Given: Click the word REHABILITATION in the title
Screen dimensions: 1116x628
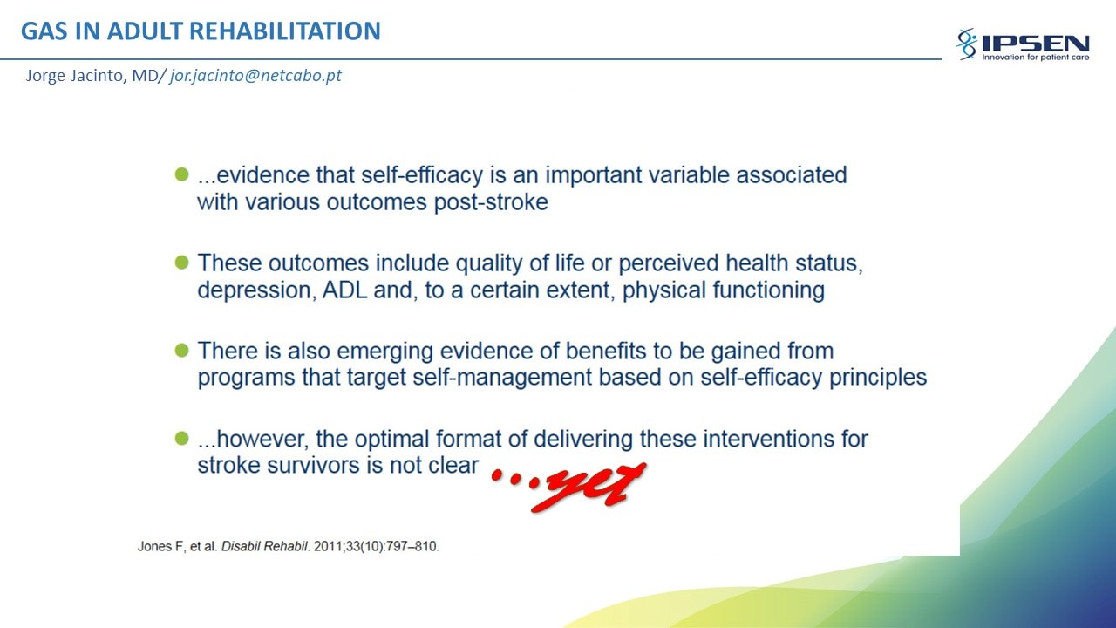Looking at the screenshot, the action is coord(285,31).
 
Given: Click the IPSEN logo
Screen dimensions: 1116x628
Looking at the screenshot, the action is coord(1023,44).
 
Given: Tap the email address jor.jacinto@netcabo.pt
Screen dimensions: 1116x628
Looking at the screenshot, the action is coord(255,75).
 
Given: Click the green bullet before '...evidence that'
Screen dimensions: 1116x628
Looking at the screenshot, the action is coord(182,174).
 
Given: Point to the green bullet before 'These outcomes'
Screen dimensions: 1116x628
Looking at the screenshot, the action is coord(182,263).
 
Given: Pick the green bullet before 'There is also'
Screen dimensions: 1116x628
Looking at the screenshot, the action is coord(182,351).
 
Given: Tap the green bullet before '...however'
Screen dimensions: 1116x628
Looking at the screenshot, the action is coord(182,439).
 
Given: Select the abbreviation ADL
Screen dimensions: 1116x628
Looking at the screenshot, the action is coord(344,290).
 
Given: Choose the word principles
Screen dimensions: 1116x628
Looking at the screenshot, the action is coord(878,378).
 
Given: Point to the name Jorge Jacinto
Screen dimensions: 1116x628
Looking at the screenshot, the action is coord(76,76).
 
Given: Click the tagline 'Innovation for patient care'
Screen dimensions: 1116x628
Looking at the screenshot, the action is coord(1035,58).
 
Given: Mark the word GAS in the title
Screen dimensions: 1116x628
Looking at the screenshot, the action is coord(44,31).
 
